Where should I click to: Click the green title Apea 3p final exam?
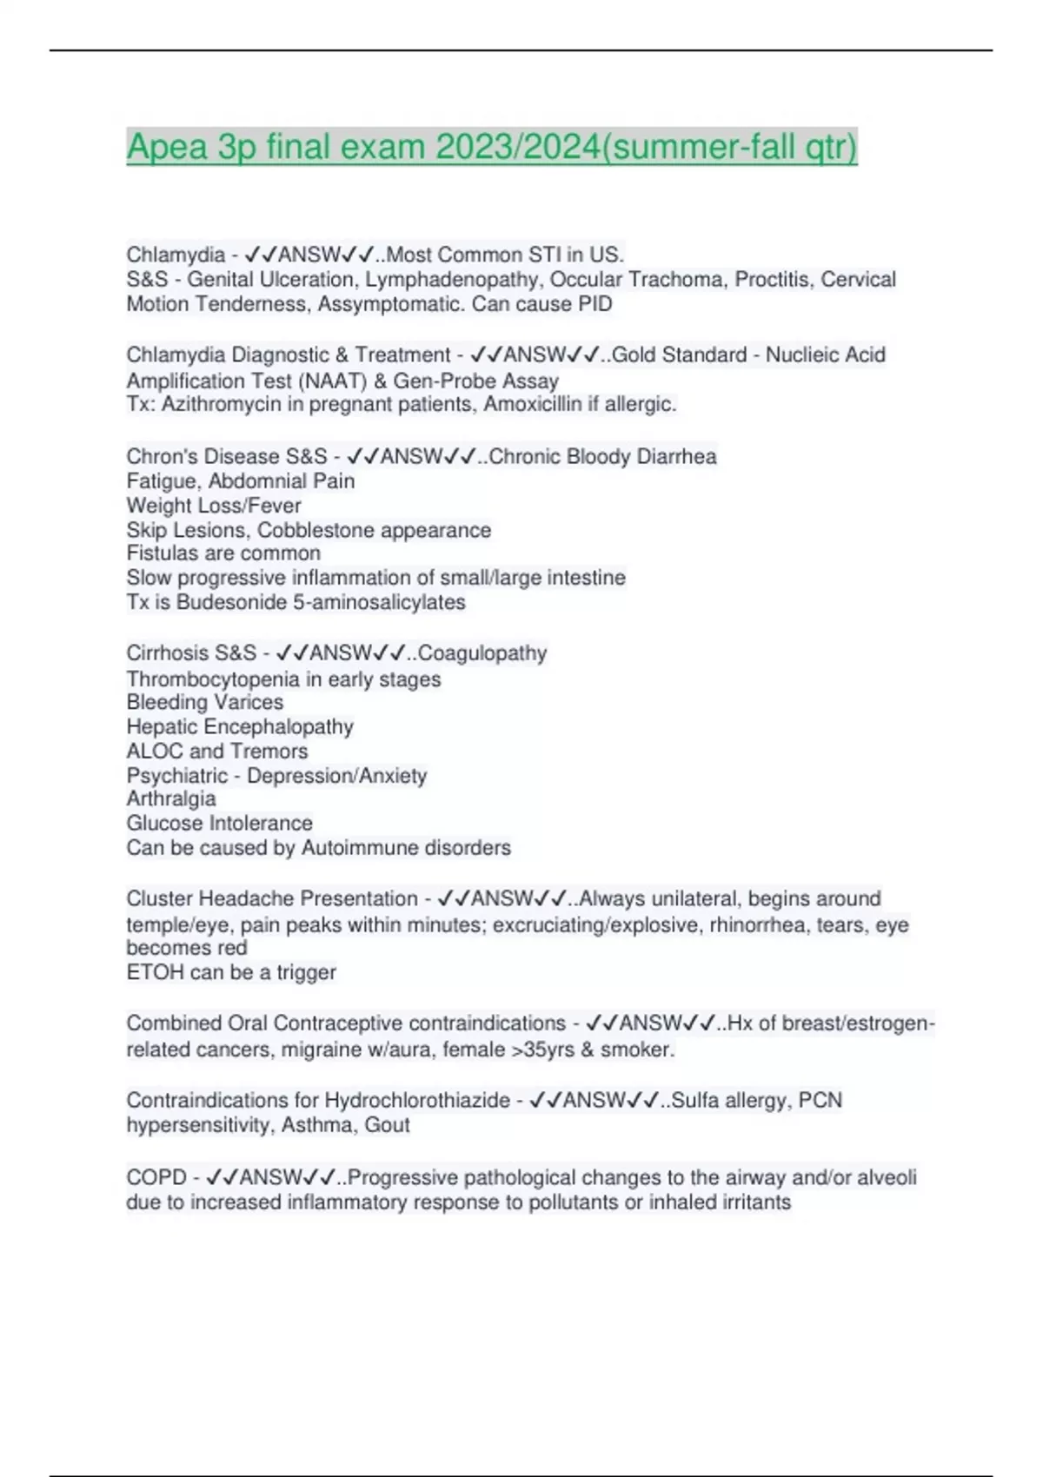click(491, 147)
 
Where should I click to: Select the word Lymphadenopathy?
click(451, 279)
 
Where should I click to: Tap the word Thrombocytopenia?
click(213, 679)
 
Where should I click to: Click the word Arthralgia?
click(171, 798)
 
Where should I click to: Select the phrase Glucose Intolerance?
click(219, 823)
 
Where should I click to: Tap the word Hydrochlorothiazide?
click(417, 1100)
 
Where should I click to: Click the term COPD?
click(156, 1177)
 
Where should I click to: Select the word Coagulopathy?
click(482, 652)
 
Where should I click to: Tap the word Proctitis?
click(772, 279)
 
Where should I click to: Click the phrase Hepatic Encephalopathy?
click(240, 726)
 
